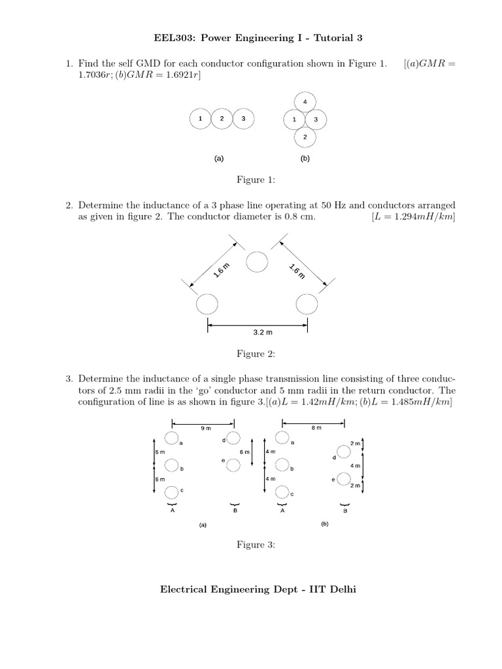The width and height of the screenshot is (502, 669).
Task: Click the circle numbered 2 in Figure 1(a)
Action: click(x=222, y=119)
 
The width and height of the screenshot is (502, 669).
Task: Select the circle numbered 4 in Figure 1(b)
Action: click(x=305, y=102)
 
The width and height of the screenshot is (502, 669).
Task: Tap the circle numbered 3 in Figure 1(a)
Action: click(x=243, y=119)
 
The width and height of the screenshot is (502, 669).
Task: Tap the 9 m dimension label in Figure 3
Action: click(x=205, y=428)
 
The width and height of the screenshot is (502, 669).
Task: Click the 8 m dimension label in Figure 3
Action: click(x=316, y=428)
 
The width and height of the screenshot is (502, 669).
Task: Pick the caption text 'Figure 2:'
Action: click(x=256, y=354)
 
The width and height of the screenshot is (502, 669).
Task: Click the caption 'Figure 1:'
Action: click(x=256, y=180)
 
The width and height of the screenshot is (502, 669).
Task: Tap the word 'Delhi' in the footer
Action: click(x=340, y=589)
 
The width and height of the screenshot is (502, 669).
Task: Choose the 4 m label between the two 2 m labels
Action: click(x=355, y=466)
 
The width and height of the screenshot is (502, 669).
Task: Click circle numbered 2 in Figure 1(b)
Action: click(x=305, y=137)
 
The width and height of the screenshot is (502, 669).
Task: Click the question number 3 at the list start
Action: click(x=68, y=379)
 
